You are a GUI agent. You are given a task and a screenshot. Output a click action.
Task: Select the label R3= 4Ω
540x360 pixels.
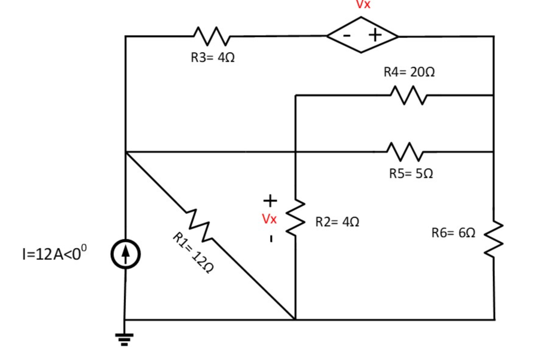[x=213, y=58]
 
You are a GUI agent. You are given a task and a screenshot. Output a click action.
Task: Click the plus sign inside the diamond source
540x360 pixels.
[x=375, y=35]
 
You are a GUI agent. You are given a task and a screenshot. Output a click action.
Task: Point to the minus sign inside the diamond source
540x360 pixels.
[x=347, y=35]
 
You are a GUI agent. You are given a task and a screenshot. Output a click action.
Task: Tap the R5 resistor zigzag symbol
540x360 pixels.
[x=404, y=152]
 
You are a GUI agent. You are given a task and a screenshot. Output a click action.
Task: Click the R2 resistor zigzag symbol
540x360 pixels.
[x=296, y=218]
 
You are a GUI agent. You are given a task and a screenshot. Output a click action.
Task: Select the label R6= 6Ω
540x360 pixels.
[x=453, y=232]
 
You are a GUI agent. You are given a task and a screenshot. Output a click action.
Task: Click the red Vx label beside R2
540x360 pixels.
[x=269, y=218]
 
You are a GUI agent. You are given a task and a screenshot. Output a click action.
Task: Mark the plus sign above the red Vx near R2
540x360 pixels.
[x=269, y=200]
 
